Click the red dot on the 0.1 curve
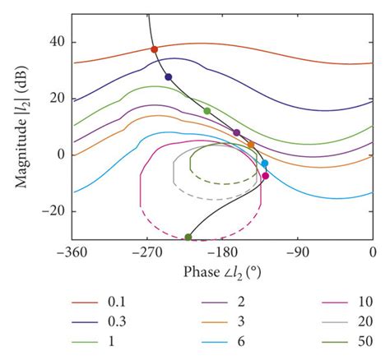[154, 49]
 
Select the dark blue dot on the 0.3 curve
[169, 77]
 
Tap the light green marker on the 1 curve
[207, 111]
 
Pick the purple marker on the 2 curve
[237, 132]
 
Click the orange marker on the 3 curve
[251, 145]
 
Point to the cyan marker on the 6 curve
[264, 164]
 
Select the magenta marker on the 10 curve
[265, 176]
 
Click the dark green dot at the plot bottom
[188, 237]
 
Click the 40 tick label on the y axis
[57, 42]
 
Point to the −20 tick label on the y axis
[53, 210]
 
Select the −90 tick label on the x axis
[299, 252]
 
